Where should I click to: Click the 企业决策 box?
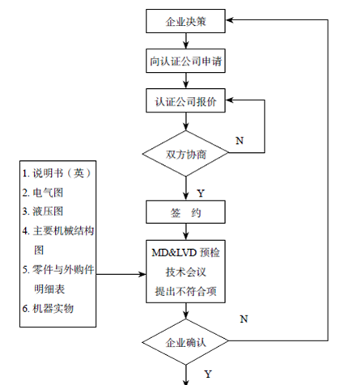(x=185, y=21)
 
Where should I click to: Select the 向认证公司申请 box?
(x=185, y=61)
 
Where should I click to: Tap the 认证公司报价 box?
(x=185, y=100)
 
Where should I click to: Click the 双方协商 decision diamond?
(x=185, y=154)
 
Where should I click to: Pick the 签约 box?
(x=185, y=212)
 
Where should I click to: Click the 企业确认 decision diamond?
(x=185, y=341)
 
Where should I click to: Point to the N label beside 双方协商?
(x=239, y=141)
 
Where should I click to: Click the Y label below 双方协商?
(x=201, y=193)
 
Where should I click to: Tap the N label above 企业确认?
(x=244, y=319)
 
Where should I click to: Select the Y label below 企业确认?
(x=208, y=374)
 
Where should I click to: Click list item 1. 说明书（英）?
(x=57, y=173)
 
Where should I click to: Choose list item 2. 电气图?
(x=43, y=192)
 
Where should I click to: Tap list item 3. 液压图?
(x=43, y=211)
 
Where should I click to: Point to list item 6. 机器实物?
(x=48, y=308)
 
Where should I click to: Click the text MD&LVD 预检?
(x=186, y=252)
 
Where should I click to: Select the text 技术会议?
(x=186, y=272)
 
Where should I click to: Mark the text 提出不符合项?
(x=186, y=291)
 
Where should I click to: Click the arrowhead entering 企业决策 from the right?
(x=230, y=20)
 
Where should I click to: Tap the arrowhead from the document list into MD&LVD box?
(x=142, y=274)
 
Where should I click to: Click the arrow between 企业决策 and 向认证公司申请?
(x=186, y=41)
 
